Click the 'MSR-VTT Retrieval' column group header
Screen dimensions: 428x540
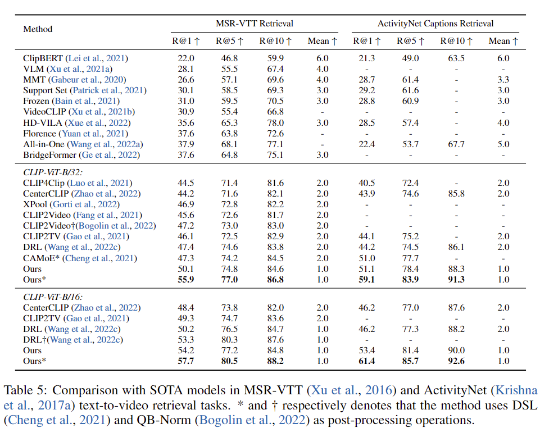tap(255, 24)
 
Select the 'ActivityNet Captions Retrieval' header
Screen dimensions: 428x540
tap(435, 24)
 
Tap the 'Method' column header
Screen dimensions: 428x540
tap(38, 29)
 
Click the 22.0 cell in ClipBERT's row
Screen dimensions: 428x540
tap(186, 58)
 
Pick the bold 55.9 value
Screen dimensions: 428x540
tap(186, 279)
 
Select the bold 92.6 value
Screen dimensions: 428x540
tap(456, 361)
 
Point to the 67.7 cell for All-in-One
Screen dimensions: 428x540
tap(456, 144)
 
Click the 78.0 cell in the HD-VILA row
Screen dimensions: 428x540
tap(274, 122)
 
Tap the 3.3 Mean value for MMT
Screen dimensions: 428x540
tap(503, 80)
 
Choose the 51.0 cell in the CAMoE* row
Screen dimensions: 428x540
tap(367, 258)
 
